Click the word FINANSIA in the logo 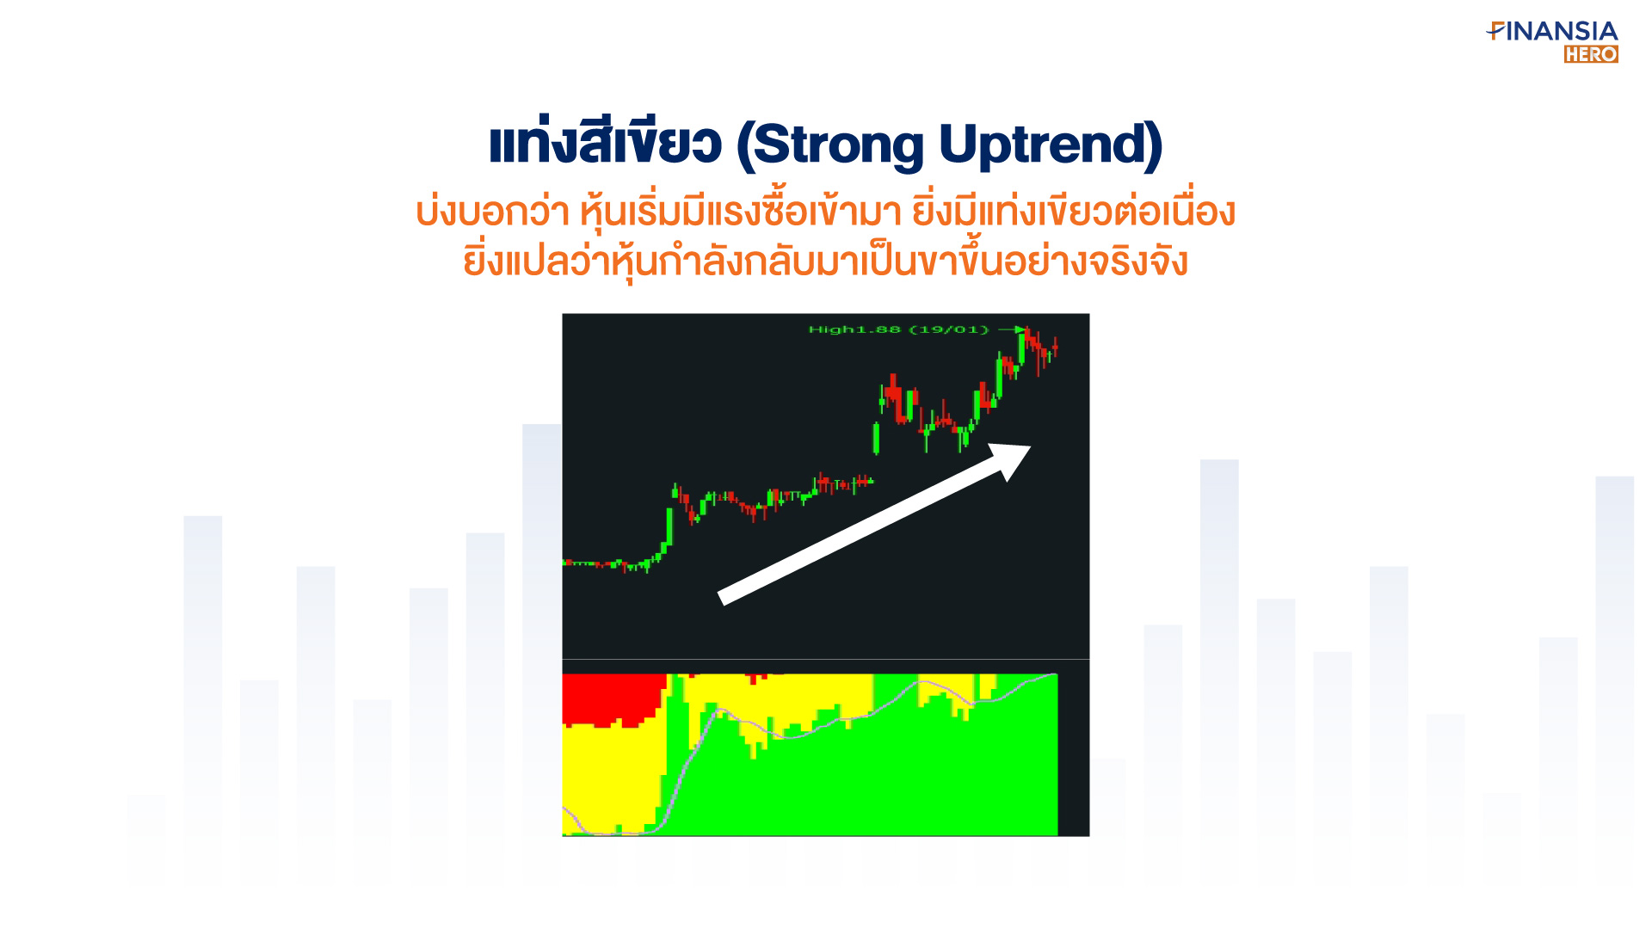(1552, 32)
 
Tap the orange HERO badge (1591, 54)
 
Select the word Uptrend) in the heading (1051, 145)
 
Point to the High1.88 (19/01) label (898, 329)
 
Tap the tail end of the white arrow (722, 598)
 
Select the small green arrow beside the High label (1012, 329)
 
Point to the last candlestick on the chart (1055, 348)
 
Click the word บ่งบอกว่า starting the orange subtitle (492, 212)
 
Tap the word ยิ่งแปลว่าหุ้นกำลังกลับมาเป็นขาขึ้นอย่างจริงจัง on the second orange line (825, 261)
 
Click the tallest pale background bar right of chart (1219, 671)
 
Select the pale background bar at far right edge (1614, 680)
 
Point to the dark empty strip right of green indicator (1074, 754)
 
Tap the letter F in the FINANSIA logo (1495, 32)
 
